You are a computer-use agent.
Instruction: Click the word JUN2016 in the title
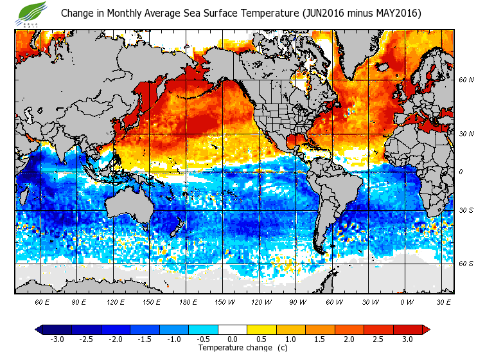click(326, 14)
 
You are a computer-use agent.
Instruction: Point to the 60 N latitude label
click(466, 80)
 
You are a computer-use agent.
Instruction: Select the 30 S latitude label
click(466, 211)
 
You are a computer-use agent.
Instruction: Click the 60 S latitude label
click(466, 264)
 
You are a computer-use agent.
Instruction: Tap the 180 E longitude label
click(188, 301)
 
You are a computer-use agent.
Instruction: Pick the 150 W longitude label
click(224, 301)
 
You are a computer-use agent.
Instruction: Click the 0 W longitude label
click(407, 301)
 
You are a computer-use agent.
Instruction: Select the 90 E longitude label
click(78, 301)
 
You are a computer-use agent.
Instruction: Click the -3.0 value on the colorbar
click(56, 339)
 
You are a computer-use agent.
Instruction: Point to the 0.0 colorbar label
click(233, 339)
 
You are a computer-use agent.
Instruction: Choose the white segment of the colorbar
click(233, 329)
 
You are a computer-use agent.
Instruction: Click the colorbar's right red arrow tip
click(426, 329)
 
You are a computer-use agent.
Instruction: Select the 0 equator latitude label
click(461, 172)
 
